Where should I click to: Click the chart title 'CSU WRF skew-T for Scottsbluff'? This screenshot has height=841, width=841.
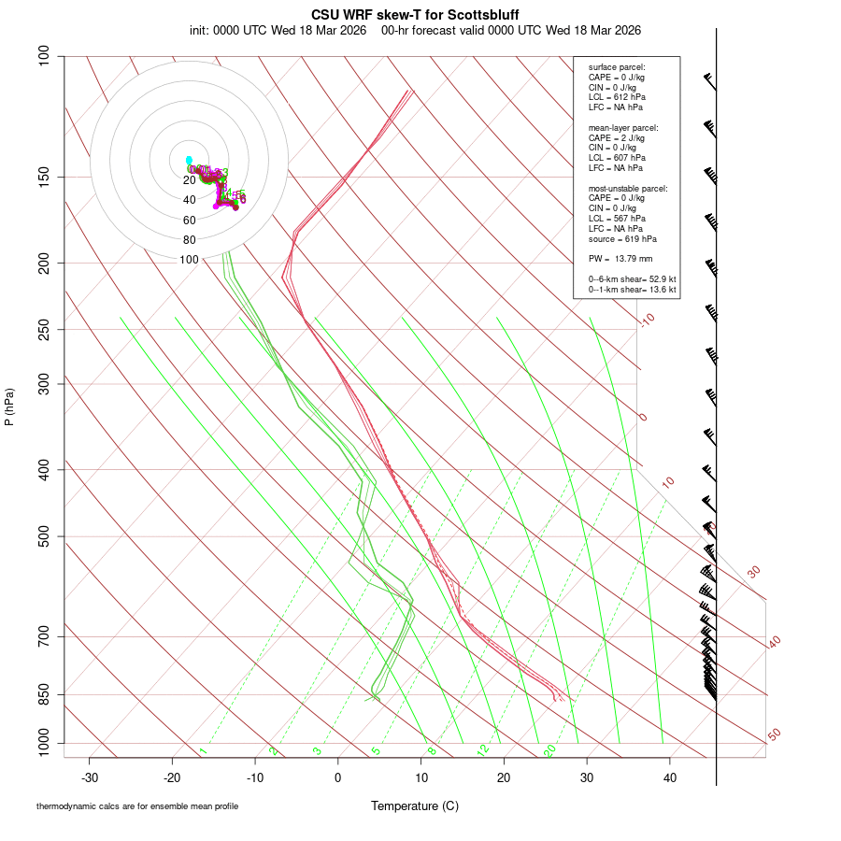coord(414,15)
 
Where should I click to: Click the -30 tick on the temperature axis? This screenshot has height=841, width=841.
coord(90,777)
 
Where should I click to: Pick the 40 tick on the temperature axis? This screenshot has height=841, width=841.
coord(670,777)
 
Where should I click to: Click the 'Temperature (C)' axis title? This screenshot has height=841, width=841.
coord(414,805)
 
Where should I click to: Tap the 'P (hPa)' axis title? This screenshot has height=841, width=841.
coord(9,406)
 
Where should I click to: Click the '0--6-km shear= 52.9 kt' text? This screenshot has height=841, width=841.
coord(633,279)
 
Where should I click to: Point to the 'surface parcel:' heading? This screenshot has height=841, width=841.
coord(617,67)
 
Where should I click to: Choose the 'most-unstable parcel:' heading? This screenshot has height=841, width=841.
coord(628,188)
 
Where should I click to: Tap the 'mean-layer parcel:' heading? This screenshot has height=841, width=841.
coord(623,127)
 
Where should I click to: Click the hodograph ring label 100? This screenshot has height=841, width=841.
coord(190,260)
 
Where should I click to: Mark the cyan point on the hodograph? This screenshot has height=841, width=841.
coord(189,160)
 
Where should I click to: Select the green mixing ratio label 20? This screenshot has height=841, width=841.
coord(549,749)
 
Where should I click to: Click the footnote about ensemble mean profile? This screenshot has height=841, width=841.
coord(137,806)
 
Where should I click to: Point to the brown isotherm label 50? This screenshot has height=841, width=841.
coord(774,735)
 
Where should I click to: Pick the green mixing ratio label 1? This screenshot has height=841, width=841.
coord(202,750)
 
